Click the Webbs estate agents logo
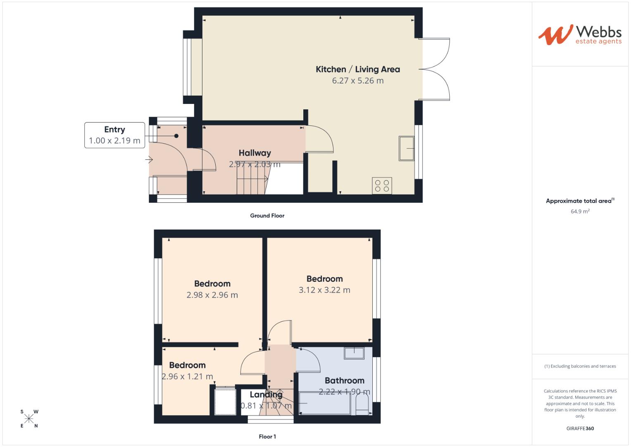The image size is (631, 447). [579, 35]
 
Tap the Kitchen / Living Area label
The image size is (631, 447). [357, 70]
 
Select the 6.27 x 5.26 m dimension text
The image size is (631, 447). [357, 81]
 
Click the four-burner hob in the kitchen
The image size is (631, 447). [382, 185]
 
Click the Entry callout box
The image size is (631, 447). [114, 135]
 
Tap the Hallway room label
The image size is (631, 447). [255, 153]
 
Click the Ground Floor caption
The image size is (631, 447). [267, 216]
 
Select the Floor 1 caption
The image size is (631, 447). [267, 437]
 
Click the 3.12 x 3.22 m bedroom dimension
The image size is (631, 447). [324, 290]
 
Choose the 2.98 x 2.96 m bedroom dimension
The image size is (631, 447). [212, 295]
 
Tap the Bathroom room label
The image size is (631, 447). [344, 380]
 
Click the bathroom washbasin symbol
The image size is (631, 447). [354, 353]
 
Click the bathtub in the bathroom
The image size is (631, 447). [324, 403]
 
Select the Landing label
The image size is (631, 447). [266, 394]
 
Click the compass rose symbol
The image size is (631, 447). [29, 419]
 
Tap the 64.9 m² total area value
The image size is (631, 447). [580, 211]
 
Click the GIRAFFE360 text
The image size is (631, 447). [580, 428]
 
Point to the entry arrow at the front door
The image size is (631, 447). [149, 159]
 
